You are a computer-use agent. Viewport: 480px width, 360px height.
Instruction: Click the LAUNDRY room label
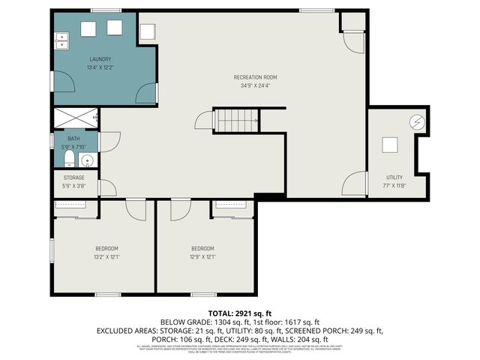[x=100, y=59]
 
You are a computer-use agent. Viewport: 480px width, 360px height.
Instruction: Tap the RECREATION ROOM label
[x=256, y=77]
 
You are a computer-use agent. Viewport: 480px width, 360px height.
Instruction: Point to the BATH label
[x=73, y=139]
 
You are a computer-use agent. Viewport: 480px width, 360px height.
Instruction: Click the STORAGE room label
[x=73, y=178]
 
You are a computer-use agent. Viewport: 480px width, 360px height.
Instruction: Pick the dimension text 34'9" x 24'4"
[x=256, y=85]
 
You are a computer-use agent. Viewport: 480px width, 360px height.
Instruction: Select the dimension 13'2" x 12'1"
[x=106, y=256]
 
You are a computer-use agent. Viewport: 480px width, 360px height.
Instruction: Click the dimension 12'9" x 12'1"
[x=202, y=256]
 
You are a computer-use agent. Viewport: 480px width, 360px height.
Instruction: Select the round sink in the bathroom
[x=87, y=160]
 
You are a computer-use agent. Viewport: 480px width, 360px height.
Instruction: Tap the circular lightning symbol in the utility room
[x=417, y=121]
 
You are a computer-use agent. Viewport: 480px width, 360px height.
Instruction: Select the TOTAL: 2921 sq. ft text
[x=240, y=313]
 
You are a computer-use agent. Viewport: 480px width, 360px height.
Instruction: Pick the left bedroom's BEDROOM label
[x=106, y=248]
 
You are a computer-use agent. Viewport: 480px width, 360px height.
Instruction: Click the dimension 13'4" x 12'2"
[x=100, y=67]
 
